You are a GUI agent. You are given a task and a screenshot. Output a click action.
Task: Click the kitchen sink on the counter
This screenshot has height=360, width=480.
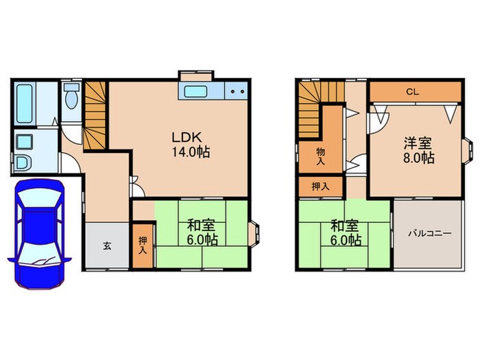tap(198, 91)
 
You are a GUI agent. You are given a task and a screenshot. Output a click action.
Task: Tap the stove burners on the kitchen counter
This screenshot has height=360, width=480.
tap(237, 91)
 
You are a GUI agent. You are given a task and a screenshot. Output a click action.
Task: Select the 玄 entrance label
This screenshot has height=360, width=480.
tap(108, 246)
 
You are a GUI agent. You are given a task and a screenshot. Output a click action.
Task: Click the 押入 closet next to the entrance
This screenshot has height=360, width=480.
tap(142, 245)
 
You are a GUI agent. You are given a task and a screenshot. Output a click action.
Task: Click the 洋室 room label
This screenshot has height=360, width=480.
tap(418, 143)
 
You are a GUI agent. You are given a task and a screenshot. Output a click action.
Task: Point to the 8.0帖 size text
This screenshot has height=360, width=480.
tap(418, 158)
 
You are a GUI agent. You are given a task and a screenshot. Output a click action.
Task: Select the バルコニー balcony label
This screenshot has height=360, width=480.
tap(429, 233)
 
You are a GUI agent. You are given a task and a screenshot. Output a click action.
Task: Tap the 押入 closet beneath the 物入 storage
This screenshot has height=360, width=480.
tap(320, 185)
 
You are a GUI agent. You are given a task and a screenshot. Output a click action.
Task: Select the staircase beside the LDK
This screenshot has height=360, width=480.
tap(95, 115)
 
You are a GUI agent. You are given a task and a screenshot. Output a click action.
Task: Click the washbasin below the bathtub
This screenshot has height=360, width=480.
tap(25, 143)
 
